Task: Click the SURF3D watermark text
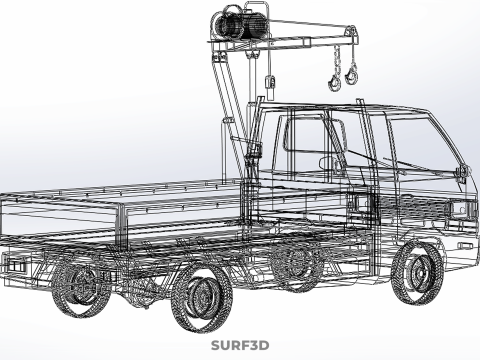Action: point(240,346)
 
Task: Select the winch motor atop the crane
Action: point(240,22)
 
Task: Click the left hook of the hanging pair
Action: point(335,72)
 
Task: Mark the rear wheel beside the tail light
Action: point(82,284)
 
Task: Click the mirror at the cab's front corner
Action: point(461,172)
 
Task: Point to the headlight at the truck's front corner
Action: point(462,210)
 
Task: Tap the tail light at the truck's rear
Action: point(15,263)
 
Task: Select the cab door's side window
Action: point(307,140)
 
